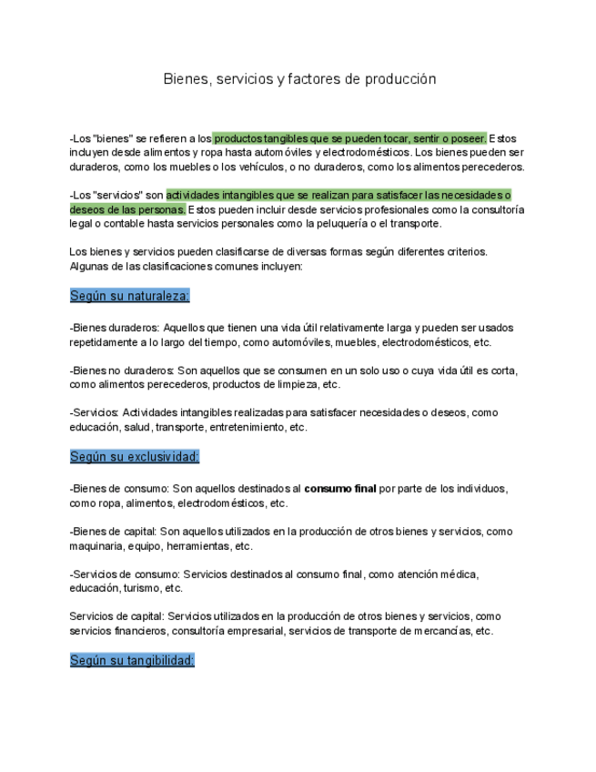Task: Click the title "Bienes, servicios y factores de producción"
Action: click(299, 79)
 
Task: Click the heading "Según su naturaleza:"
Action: click(130, 296)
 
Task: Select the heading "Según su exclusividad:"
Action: click(135, 456)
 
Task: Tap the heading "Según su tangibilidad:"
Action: click(132, 660)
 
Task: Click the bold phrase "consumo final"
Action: click(340, 489)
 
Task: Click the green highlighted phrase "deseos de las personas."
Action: click(127, 209)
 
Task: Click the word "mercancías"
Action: click(442, 631)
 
